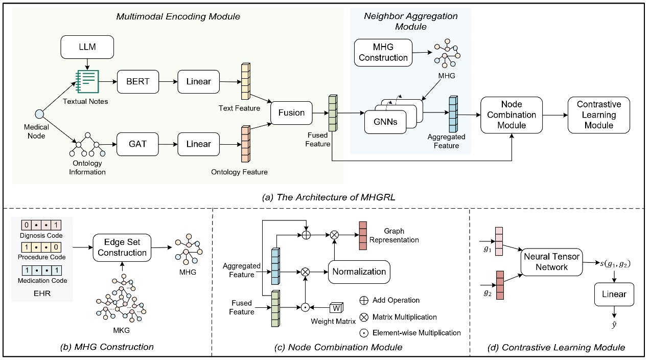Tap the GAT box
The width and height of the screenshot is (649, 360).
137,144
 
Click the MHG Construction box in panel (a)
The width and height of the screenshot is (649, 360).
383,53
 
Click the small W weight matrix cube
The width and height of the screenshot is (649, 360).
337,308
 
